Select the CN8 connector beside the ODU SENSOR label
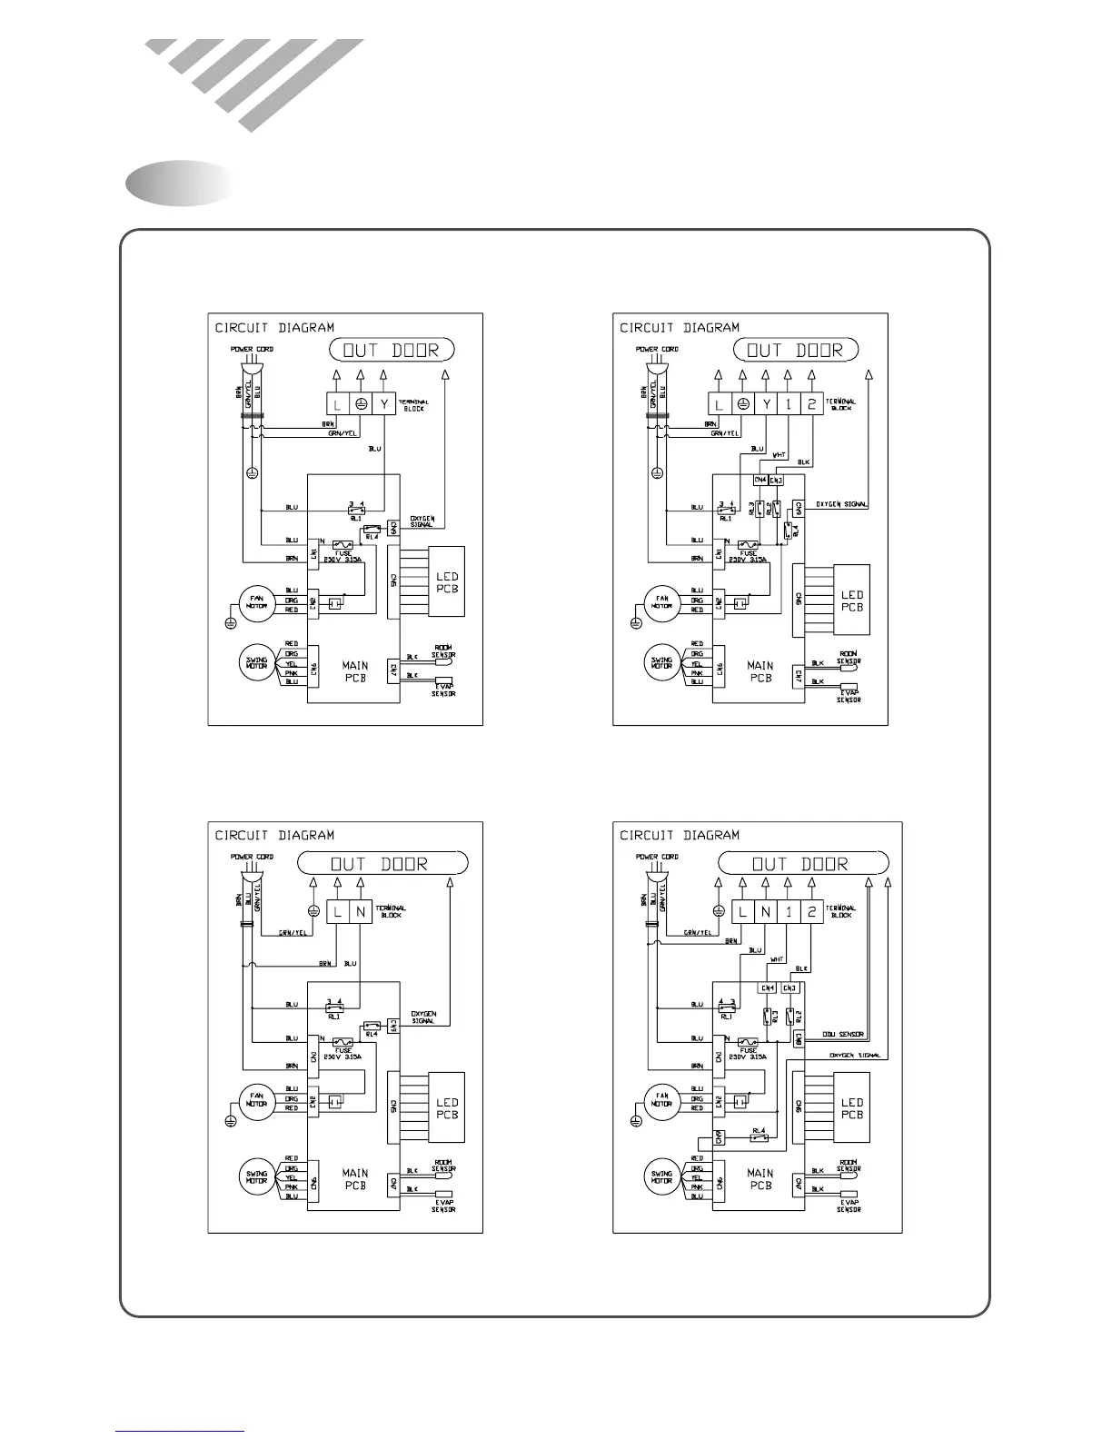click(x=798, y=1037)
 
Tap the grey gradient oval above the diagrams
click(x=179, y=183)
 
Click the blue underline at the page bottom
click(x=179, y=1431)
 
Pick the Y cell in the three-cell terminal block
click(x=384, y=404)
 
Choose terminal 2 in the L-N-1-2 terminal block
click(x=811, y=911)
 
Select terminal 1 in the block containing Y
click(x=789, y=404)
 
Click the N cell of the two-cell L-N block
click(x=361, y=911)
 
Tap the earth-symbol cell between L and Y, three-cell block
click(x=361, y=404)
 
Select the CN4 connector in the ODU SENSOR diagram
click(x=767, y=987)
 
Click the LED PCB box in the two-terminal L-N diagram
click(x=446, y=1108)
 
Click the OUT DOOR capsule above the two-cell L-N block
click(x=382, y=863)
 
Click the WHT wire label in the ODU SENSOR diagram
click(x=778, y=959)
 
